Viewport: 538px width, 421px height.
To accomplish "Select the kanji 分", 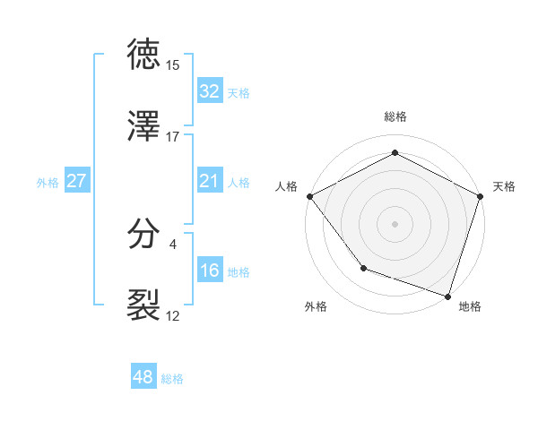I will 144,235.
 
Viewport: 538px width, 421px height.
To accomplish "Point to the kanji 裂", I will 144,305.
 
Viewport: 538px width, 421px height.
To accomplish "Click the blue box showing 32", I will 210,91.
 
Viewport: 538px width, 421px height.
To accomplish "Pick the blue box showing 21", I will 210,182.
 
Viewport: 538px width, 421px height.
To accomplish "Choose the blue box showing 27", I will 76,182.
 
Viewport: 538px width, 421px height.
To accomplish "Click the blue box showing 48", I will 143,378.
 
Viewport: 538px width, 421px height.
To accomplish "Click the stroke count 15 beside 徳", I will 173,65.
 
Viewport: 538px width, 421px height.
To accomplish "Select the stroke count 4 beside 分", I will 173,244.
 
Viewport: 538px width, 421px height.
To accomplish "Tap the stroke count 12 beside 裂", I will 173,315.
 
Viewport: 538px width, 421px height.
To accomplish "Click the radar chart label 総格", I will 395,116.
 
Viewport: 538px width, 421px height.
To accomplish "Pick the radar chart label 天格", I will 505,186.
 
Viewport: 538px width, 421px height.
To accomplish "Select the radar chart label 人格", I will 286,186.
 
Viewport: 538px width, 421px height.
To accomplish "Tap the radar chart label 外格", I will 316,306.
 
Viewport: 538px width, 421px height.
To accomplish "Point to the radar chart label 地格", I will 470,306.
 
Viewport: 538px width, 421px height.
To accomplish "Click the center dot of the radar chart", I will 395,223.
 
